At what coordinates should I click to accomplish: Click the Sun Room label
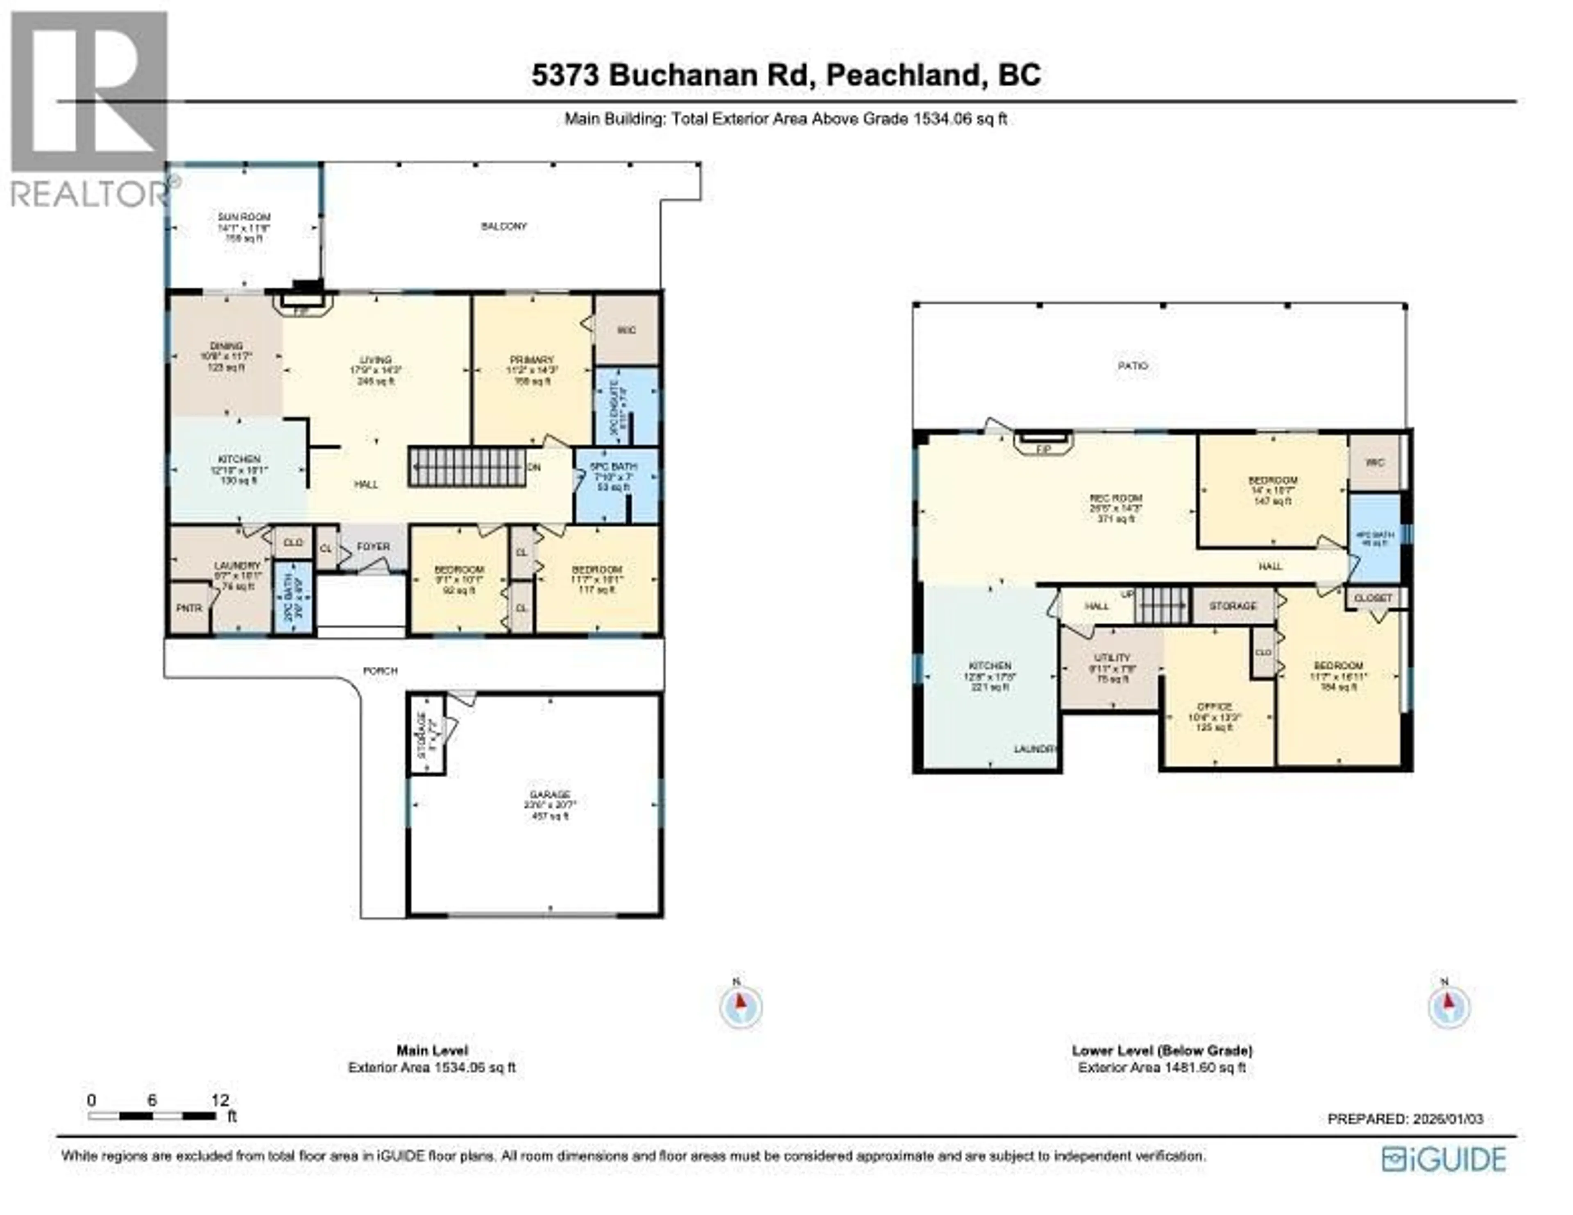point(244,217)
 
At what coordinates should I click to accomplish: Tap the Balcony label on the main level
point(503,226)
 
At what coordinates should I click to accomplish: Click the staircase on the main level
point(467,467)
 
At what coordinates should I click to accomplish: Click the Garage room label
point(550,794)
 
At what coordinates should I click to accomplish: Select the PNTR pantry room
point(189,608)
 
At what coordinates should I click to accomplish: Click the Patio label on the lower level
point(1132,366)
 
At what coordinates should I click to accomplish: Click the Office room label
point(1214,707)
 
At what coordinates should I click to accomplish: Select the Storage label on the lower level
point(1232,606)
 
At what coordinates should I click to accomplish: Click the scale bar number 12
point(220,1100)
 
